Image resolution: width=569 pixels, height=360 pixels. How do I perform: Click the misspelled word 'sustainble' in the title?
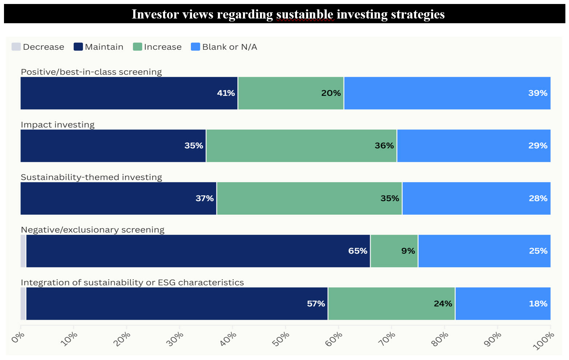(x=305, y=14)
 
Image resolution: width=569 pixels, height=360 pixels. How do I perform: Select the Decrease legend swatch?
(x=16, y=47)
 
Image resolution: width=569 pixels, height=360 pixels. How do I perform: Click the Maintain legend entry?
(x=98, y=47)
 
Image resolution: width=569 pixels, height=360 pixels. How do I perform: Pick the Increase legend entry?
(x=157, y=47)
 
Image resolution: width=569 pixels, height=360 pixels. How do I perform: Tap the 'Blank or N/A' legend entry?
(x=224, y=47)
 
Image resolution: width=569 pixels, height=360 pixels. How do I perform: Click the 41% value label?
(x=226, y=93)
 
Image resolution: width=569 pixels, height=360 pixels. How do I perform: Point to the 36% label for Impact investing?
(x=384, y=146)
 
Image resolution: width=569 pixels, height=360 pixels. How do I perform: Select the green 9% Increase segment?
(x=394, y=251)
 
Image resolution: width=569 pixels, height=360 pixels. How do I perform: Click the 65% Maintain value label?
(x=358, y=251)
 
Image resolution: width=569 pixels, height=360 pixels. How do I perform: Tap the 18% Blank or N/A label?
(x=538, y=304)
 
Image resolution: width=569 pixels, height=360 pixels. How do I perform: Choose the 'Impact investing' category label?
(x=57, y=125)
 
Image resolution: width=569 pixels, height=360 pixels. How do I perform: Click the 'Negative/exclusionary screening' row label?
(x=93, y=230)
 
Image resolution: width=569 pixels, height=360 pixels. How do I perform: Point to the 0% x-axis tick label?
(x=18, y=337)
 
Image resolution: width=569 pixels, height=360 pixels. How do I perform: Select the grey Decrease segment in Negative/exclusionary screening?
(x=23, y=251)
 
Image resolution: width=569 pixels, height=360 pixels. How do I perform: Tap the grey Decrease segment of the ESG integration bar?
(x=23, y=304)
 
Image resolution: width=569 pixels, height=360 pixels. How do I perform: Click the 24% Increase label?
(x=443, y=304)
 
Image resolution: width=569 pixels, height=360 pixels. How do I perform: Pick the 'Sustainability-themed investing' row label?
(x=91, y=177)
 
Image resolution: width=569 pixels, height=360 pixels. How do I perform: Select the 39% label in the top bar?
(x=538, y=93)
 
